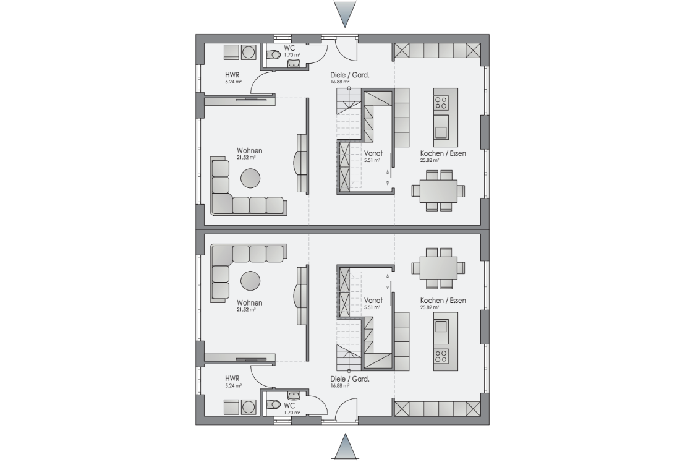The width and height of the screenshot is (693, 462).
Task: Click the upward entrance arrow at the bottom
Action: tap(345, 447)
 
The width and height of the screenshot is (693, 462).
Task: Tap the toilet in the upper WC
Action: tap(274, 54)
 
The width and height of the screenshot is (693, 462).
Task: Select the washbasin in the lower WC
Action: tap(294, 395)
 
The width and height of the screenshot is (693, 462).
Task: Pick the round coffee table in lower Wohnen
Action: tap(250, 281)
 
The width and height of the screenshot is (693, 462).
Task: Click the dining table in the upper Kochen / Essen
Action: tap(438, 190)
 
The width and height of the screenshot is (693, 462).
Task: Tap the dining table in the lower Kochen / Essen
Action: tap(438, 268)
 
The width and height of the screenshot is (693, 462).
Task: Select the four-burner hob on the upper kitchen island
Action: tap(441, 103)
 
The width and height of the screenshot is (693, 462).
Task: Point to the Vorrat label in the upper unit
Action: tap(373, 153)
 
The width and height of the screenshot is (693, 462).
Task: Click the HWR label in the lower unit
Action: tap(232, 379)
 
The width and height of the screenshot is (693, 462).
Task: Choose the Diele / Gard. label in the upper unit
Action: tap(350, 75)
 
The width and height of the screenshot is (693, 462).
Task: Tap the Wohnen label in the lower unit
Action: tap(249, 303)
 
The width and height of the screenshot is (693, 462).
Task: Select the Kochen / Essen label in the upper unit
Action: tap(443, 153)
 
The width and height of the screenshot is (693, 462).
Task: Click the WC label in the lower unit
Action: tap(289, 406)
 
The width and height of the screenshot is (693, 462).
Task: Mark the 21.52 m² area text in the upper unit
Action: tap(246, 157)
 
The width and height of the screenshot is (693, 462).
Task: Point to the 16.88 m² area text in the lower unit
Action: tap(340, 385)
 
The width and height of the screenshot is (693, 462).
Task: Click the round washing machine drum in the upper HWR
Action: tap(249, 52)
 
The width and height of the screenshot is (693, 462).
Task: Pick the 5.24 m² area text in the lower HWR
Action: tap(233, 385)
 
